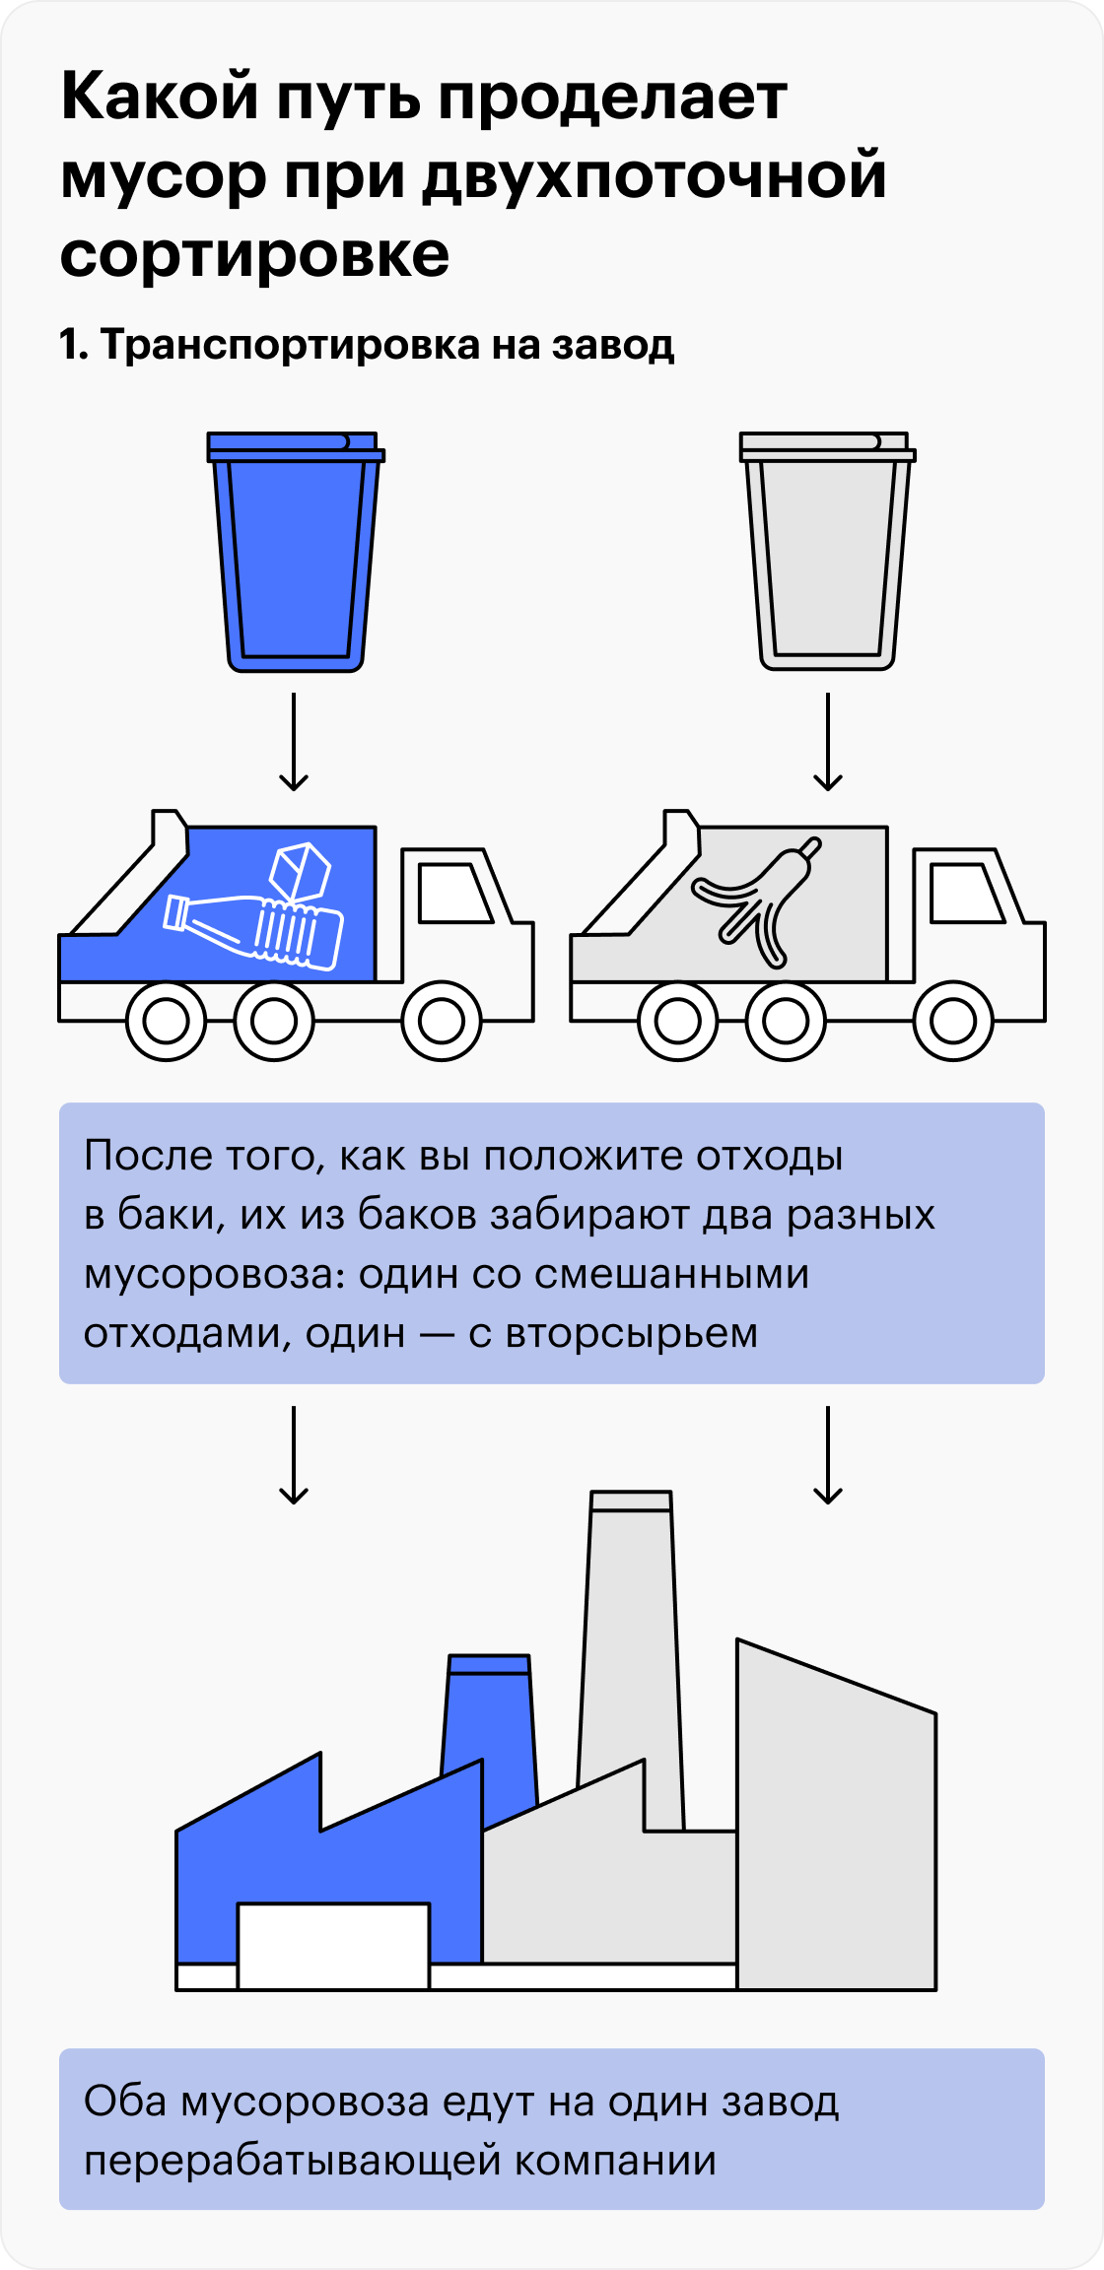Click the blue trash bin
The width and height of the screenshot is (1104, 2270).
[x=296, y=552]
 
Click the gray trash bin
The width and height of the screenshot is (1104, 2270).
[x=828, y=552]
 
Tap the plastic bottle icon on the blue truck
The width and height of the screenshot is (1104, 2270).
[x=253, y=931]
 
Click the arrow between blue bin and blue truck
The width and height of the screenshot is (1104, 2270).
[x=294, y=741]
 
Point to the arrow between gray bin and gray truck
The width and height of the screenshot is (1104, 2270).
[x=828, y=741]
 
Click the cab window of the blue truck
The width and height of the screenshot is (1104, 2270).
[x=454, y=893]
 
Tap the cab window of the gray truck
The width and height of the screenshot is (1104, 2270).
[x=967, y=893]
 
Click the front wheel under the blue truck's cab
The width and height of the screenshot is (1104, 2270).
[x=442, y=1021]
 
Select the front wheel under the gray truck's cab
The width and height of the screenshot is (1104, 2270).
[x=954, y=1021]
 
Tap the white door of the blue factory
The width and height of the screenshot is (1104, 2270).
[x=334, y=1946]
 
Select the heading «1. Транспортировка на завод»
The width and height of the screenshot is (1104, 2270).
[x=367, y=345]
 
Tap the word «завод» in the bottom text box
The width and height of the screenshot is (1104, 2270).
[x=781, y=2102]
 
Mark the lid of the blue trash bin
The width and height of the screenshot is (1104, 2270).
[x=296, y=446]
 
